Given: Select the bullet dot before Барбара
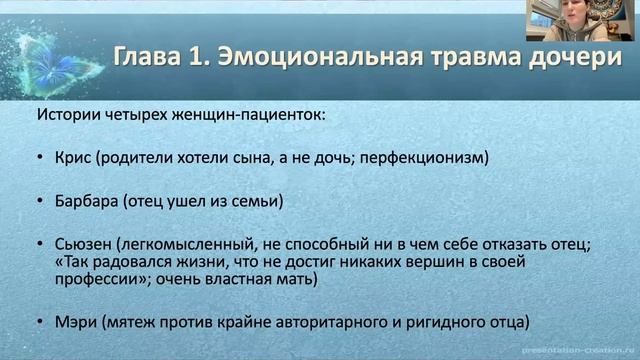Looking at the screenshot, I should click(38, 202).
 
